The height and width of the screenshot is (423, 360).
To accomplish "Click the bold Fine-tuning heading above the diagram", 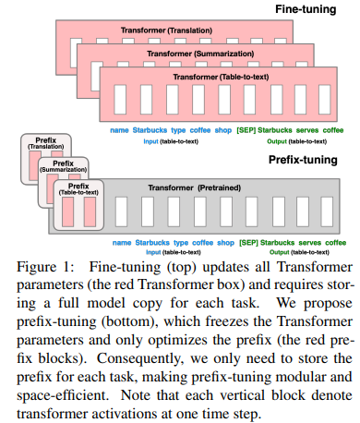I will (x=313, y=8).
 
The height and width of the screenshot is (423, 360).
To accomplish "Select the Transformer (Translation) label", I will (x=167, y=30).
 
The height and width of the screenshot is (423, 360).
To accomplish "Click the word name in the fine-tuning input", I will (x=119, y=130).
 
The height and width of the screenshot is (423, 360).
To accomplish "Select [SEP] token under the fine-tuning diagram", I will (x=246, y=130).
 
